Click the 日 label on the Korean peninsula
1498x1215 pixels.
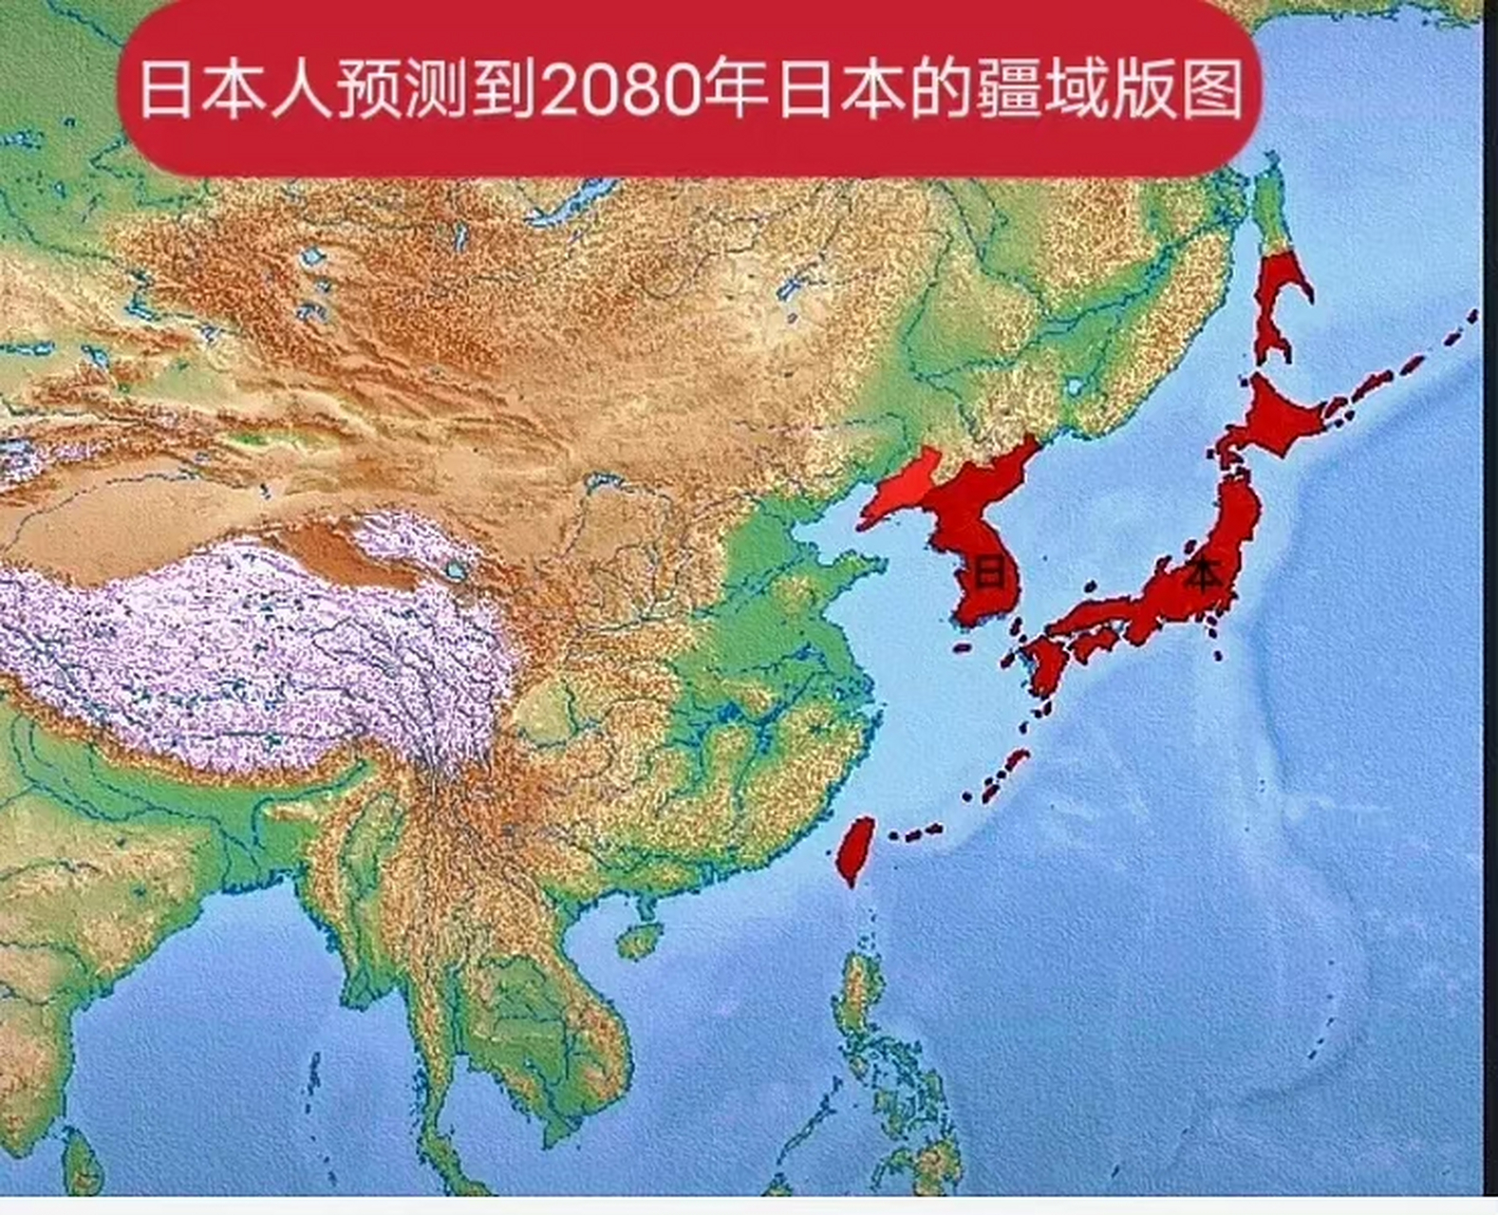pyautogui.click(x=990, y=573)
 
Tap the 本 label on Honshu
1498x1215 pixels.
pyautogui.click(x=1202, y=575)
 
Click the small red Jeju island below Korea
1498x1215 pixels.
pyautogui.click(x=963, y=648)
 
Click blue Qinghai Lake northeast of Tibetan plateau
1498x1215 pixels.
pyautogui.click(x=457, y=571)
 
